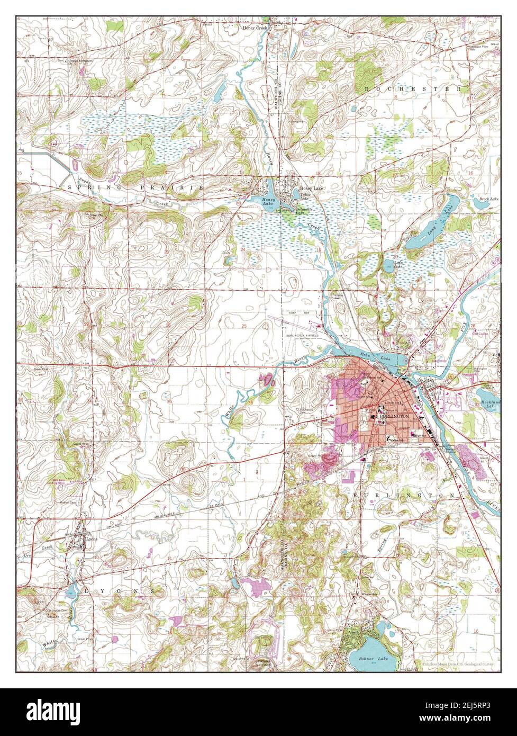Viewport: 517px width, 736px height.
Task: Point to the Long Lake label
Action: click(x=438, y=217)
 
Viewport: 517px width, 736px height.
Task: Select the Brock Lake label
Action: click(x=489, y=199)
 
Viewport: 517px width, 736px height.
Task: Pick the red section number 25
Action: click(x=244, y=325)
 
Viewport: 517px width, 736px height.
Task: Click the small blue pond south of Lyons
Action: click(x=71, y=591)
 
